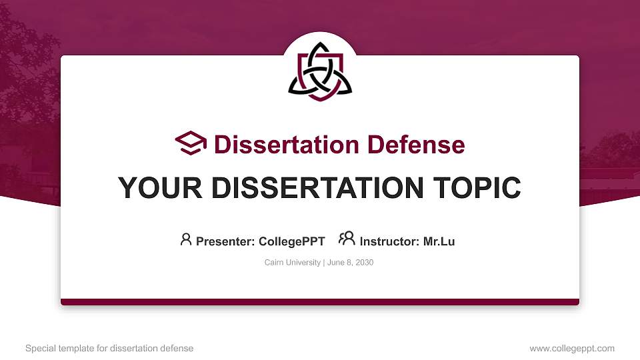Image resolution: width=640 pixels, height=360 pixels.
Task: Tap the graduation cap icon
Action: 191,143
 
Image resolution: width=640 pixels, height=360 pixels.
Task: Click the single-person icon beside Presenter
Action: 186,240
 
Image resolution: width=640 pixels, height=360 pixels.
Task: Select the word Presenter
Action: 222,241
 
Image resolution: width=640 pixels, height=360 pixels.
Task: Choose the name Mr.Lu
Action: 439,241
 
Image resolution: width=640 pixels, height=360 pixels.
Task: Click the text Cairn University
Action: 293,263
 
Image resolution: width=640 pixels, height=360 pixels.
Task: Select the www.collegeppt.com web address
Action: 572,349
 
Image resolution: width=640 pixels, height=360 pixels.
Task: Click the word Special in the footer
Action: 39,349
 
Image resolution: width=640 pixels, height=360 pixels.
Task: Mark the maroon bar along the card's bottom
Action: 320,302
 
